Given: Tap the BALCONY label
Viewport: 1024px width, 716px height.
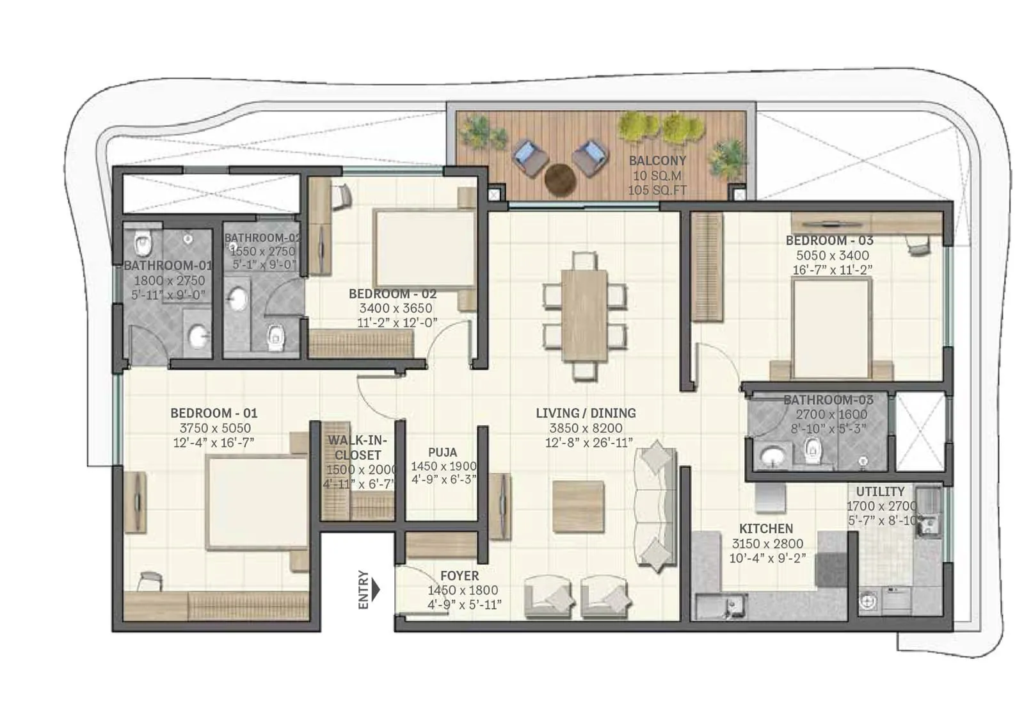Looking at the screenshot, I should [x=657, y=161].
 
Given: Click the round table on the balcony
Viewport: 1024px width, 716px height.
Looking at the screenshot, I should [x=560, y=179].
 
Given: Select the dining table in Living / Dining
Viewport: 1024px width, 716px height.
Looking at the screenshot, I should [x=585, y=316].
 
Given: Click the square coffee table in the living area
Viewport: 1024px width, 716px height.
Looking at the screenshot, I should [x=578, y=507].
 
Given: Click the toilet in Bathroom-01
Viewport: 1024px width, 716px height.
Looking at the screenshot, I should [x=143, y=243].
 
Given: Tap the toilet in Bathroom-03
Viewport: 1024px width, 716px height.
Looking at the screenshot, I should [x=812, y=451].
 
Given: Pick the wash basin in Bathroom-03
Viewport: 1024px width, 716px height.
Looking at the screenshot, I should [x=773, y=456].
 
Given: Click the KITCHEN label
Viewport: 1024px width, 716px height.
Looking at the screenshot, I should [x=766, y=529].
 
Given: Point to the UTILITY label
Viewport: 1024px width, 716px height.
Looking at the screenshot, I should [x=880, y=492].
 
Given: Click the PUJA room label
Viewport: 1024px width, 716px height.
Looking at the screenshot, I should [x=442, y=452].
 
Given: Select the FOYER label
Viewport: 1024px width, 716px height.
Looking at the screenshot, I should [x=460, y=576].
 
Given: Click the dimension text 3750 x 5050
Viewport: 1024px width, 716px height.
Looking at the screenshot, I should [x=214, y=428].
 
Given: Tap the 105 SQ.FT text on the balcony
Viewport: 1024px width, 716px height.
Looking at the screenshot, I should [x=657, y=190].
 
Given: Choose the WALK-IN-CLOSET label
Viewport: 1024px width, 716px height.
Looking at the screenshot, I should [x=358, y=448].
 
